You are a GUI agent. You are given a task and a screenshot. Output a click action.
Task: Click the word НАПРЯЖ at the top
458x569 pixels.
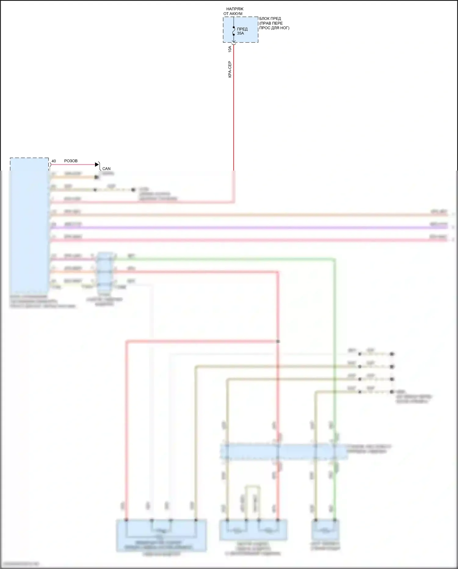coord(235,9)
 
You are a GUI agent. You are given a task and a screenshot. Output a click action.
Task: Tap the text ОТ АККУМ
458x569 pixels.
coord(233,14)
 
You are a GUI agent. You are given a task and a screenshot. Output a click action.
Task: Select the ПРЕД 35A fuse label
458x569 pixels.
coord(242,31)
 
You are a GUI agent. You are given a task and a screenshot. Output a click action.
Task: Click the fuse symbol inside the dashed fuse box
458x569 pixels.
coord(234,31)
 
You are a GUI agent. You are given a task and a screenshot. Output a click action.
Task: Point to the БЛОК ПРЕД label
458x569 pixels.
coord(270,19)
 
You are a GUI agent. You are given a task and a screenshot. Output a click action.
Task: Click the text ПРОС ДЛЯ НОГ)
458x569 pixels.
coord(274,28)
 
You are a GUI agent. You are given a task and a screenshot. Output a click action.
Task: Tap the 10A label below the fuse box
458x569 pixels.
coord(230,49)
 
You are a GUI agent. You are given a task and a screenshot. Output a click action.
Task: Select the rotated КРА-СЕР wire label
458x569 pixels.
coord(230,69)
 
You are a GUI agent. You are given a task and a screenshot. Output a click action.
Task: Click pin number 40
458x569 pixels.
coord(54,161)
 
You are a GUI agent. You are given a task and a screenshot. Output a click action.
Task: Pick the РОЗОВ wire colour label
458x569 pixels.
coord(71,161)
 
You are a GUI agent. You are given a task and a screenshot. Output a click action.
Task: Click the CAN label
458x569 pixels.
coord(106,169)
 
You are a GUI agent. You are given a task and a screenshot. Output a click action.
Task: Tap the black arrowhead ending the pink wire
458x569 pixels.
coord(97,164)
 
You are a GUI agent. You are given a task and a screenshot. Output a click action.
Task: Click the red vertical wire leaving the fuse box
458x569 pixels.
coord(234,107)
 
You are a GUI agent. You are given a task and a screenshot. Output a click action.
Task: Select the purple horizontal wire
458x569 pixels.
coord(244,228)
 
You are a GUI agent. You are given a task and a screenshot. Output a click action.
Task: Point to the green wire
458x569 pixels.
coord(335,336)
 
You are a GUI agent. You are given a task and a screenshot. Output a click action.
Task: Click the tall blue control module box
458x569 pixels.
coord(29,226)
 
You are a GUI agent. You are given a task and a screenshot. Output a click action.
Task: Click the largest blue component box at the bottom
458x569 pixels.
coord(162,535)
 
